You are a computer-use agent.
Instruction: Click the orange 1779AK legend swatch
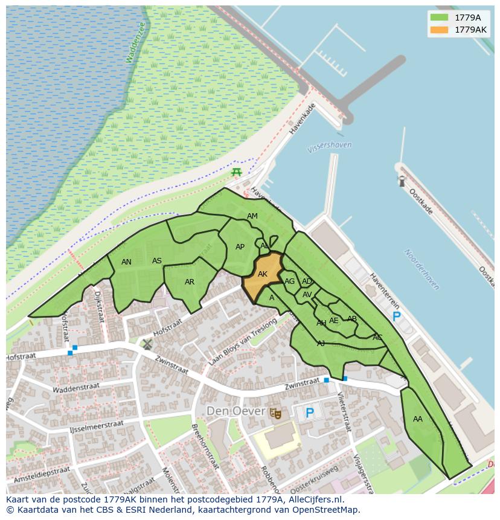coord(440,30)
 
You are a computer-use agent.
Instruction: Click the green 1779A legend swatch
coord(440,18)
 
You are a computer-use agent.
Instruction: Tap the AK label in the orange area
coord(263,274)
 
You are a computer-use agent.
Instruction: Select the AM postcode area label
coord(252,216)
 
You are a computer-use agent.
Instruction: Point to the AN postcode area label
coord(126,262)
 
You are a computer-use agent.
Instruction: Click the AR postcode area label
coord(190,282)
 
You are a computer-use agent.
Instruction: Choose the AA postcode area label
coord(418,419)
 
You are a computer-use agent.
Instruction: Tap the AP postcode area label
coord(240,247)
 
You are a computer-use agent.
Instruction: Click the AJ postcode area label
coord(321,343)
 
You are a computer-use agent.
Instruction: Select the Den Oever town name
coord(236,411)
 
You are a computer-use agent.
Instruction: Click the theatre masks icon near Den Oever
coord(276,413)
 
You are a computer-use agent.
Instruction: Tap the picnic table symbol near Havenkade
coord(237,173)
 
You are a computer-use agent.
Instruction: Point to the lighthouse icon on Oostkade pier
coord(402,181)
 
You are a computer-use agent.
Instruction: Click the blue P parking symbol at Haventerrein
coord(396,316)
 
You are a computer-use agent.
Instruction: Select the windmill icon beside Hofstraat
coord(147,344)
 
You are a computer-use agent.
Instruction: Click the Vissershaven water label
coord(329,146)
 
